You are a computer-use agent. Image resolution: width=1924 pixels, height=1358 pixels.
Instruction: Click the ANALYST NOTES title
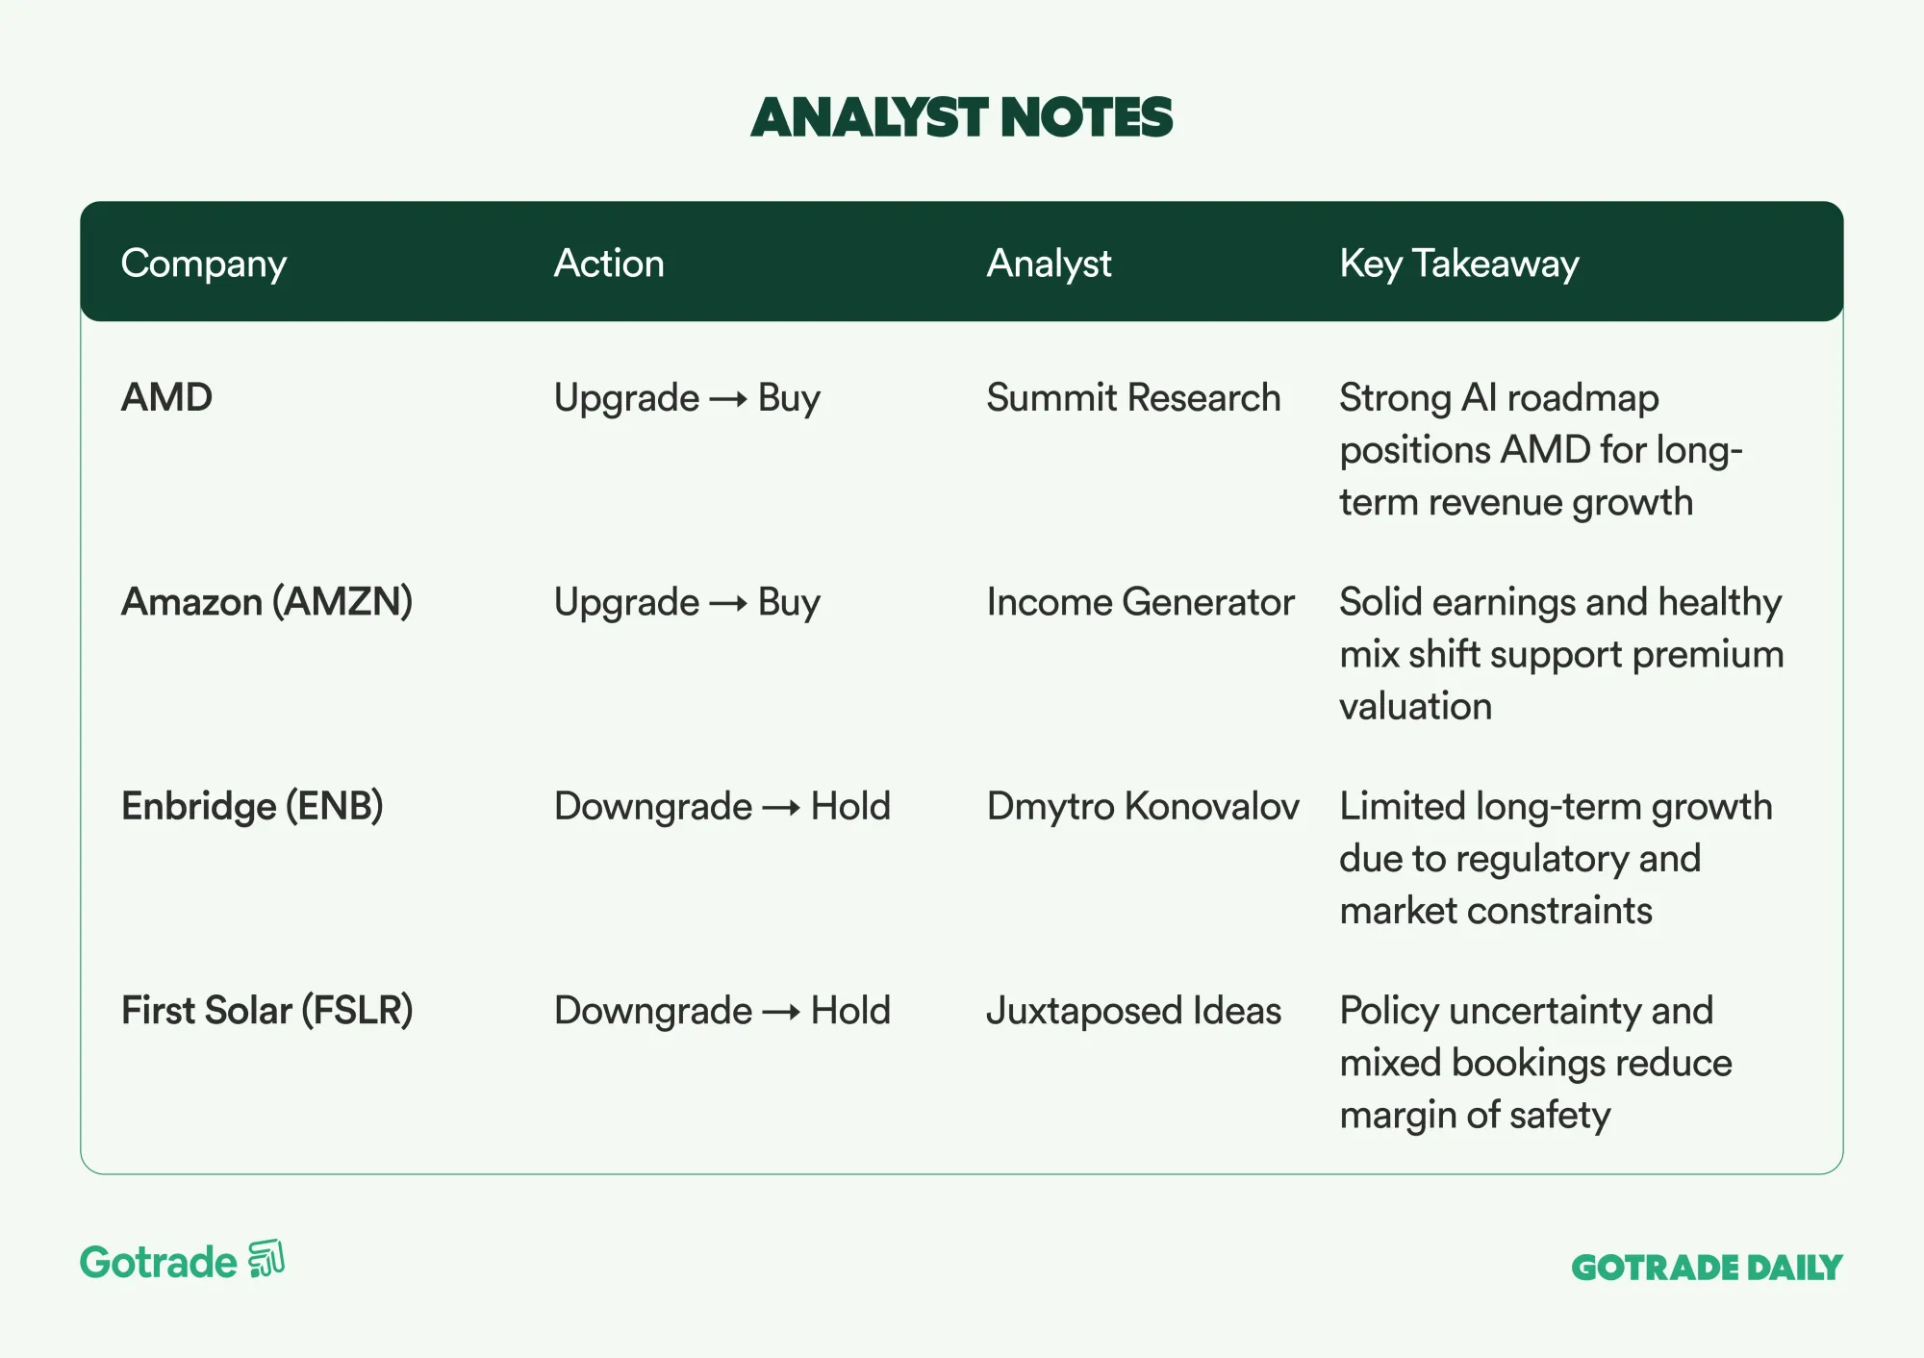[961, 117]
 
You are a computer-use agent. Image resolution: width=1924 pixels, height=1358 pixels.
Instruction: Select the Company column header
[204, 264]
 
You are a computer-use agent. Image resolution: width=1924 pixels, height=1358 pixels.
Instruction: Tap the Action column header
[609, 263]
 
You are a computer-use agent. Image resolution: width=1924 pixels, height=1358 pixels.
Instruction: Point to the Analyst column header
[1049, 264]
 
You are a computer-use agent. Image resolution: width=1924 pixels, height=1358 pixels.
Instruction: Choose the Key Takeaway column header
[1459, 264]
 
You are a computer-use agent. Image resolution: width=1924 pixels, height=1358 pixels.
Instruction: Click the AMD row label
[166, 397]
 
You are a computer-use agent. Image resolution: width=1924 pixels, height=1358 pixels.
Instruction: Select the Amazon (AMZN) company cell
[266, 602]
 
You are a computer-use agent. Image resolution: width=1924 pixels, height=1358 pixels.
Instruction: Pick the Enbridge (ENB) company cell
[252, 806]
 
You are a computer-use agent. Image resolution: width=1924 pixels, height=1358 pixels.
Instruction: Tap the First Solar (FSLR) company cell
[266, 1011]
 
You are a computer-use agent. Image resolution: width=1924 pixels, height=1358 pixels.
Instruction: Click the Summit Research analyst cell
[1133, 397]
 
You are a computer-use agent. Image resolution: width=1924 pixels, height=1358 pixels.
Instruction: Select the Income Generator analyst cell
[1140, 602]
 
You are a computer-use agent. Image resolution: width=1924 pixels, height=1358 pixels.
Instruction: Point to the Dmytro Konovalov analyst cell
[1143, 806]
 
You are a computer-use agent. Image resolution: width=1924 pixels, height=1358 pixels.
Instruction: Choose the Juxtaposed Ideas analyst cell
[1133, 1011]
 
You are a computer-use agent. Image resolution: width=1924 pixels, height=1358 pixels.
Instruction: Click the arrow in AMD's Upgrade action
[728, 399]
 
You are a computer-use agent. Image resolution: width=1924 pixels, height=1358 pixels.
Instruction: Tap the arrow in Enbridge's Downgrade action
[781, 808]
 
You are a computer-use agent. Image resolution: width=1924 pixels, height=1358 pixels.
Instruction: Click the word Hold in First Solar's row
[850, 1011]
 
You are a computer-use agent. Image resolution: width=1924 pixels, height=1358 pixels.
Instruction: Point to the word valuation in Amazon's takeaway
[1415, 707]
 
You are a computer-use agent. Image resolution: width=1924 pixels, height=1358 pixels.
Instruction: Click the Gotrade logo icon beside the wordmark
[266, 1259]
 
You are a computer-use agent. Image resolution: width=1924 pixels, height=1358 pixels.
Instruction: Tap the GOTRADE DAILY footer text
[1707, 1268]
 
